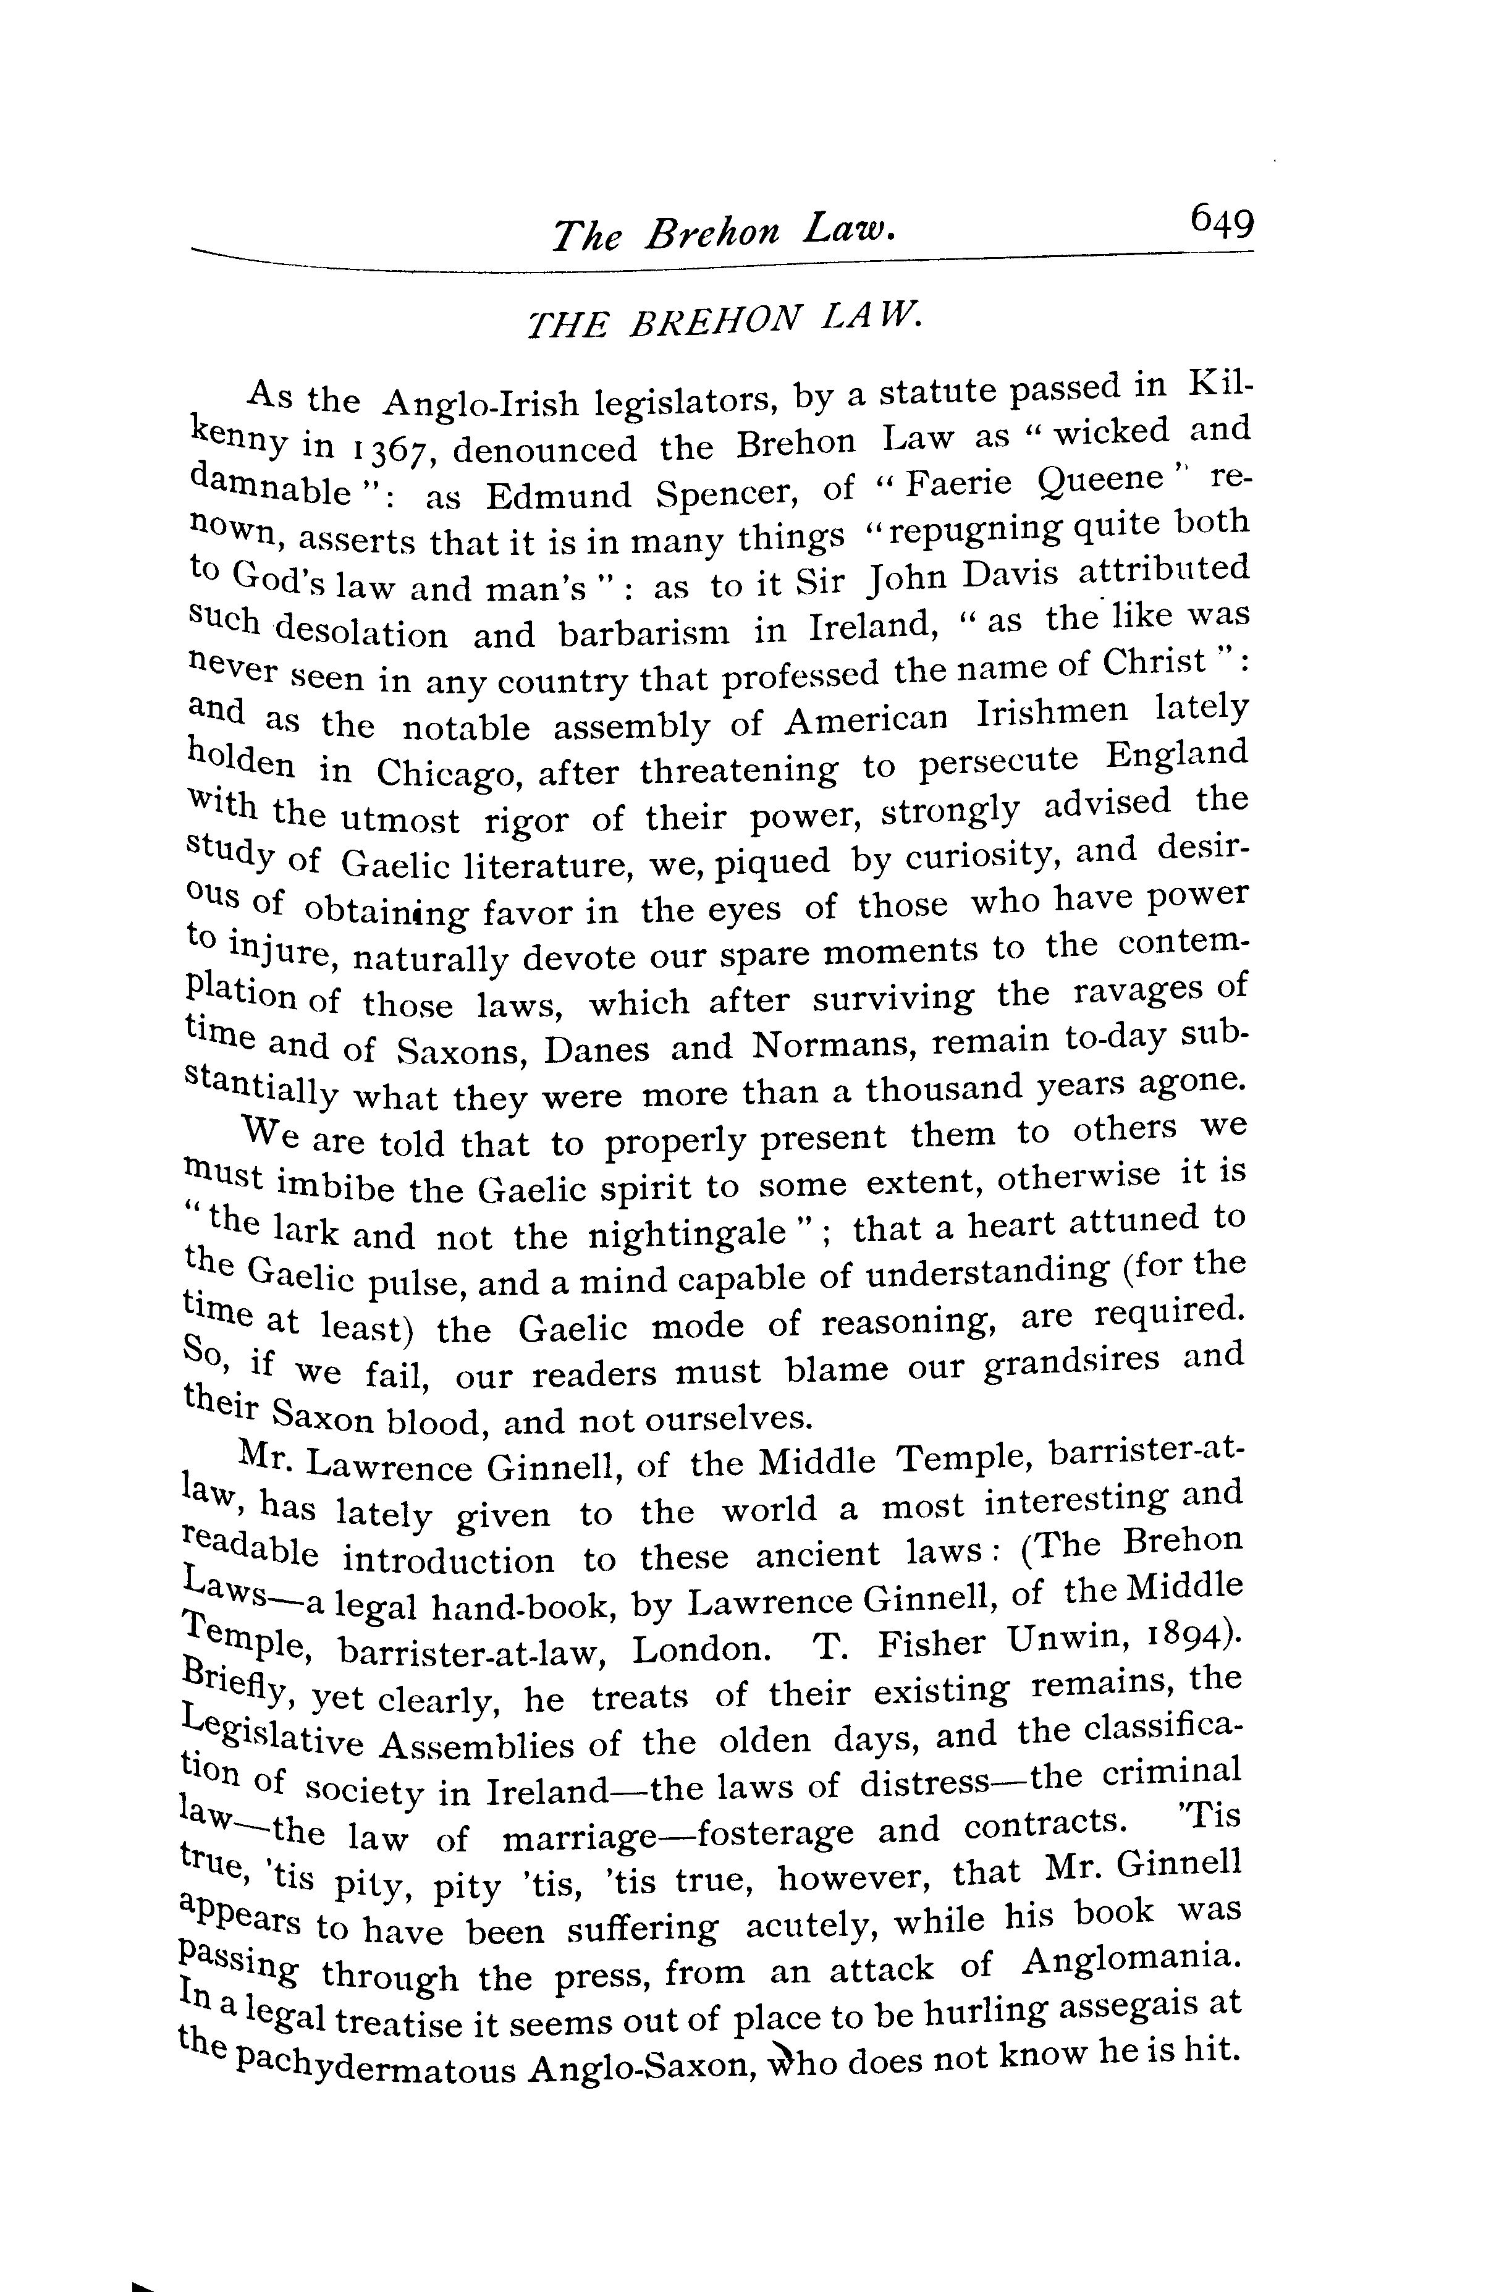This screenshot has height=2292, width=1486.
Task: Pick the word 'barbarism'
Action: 646,633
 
